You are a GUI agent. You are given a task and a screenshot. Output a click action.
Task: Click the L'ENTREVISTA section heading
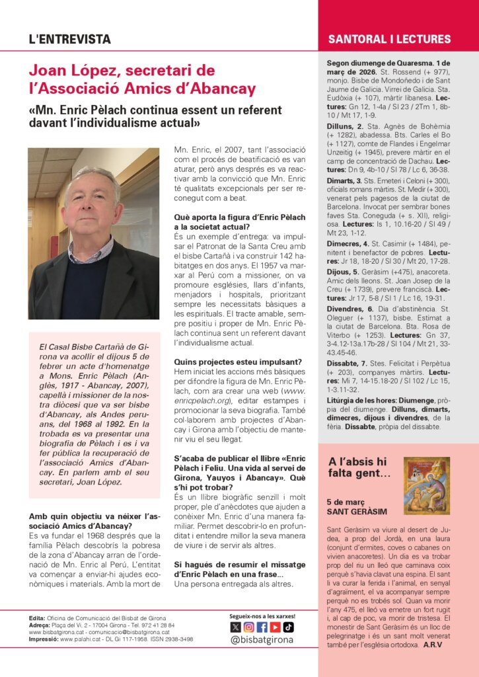[x=69, y=40]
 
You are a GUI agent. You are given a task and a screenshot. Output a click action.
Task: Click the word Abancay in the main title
[x=221, y=89]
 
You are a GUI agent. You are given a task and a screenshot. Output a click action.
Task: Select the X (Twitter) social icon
[x=235, y=627]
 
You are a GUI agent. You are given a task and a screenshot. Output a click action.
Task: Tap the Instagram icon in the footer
[x=248, y=627]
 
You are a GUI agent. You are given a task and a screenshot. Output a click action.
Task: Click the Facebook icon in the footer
[x=262, y=627]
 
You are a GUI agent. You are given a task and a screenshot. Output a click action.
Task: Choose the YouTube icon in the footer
[x=275, y=627]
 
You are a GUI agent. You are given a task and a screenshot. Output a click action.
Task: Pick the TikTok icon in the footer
[x=288, y=627]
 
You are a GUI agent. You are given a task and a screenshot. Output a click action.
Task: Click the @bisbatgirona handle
[x=262, y=640]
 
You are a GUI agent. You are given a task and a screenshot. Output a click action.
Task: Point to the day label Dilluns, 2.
[x=346, y=126]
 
